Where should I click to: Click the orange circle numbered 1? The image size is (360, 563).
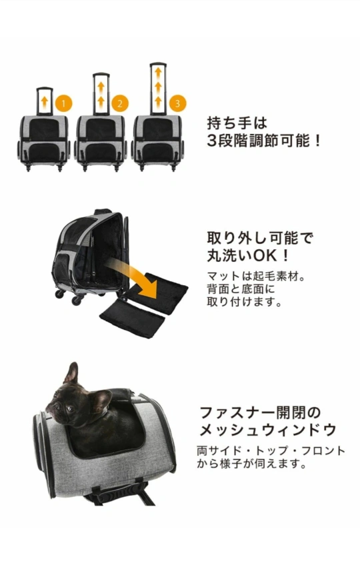click(63, 103)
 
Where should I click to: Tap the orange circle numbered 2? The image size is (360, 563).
click(119, 103)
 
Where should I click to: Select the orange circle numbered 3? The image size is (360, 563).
click(177, 103)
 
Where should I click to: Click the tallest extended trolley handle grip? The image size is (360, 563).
click(158, 65)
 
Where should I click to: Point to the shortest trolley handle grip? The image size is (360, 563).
click(45, 89)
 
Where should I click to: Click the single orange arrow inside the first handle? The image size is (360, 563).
click(45, 102)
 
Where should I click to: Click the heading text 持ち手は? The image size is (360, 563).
click(237, 123)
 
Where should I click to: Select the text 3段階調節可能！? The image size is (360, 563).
click(264, 141)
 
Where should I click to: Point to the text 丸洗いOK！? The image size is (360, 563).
click(248, 256)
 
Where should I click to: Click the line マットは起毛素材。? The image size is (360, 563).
click(256, 276)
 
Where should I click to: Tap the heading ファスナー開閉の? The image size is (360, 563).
click(260, 412)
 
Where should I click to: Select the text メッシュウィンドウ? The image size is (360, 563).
click(268, 430)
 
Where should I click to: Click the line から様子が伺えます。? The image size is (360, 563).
click(253, 464)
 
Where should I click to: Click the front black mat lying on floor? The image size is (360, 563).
click(132, 319)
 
